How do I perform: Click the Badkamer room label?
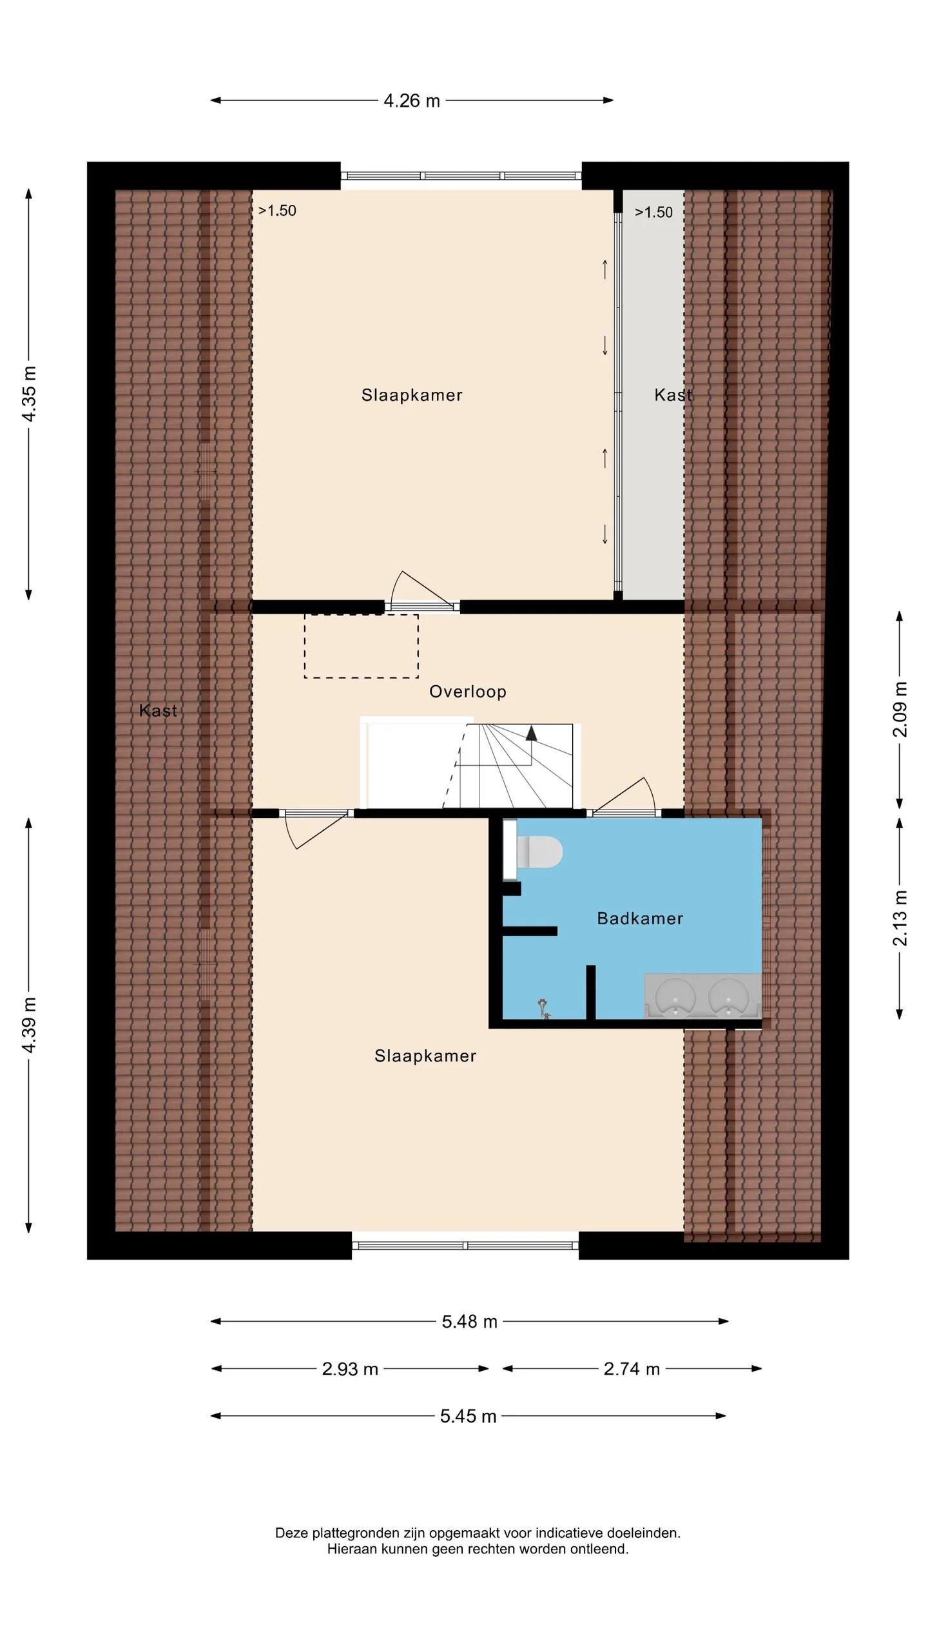coord(640,918)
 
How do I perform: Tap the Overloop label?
coord(468,692)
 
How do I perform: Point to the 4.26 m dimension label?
coord(412,101)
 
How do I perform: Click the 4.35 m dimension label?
coord(29,394)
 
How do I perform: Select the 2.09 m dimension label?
coord(900,709)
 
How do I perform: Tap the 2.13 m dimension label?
coord(900,918)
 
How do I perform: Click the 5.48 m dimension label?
coord(470,1322)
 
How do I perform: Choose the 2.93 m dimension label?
coord(350,1369)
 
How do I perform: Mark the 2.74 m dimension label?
coord(632,1369)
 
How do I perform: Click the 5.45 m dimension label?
coord(469,1416)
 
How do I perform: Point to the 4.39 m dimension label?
coord(29,1025)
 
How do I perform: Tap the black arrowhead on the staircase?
coord(531,733)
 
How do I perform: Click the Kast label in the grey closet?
coord(673,395)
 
